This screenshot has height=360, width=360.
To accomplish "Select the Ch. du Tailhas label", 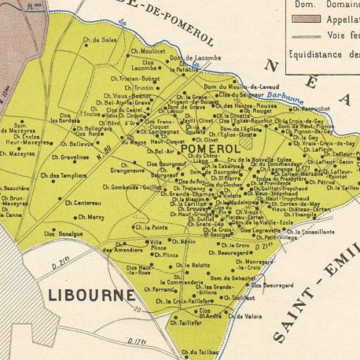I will pos(198,353).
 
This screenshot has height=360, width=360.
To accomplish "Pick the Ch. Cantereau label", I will pos(84,203).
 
